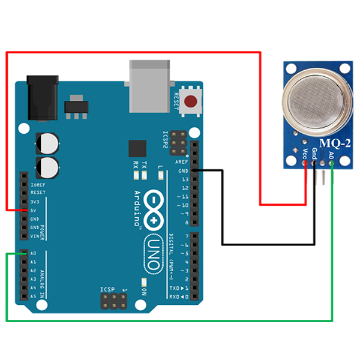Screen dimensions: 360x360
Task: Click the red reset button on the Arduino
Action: pos(192,101)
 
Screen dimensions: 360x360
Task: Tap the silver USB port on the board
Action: pos(151,86)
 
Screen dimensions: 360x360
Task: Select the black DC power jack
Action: pos(43,97)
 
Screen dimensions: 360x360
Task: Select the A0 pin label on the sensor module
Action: pos(332,154)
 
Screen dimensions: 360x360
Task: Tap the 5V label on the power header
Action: pos(34,210)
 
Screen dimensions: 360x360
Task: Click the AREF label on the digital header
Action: pos(182,162)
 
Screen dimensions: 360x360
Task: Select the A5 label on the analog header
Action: pos(34,296)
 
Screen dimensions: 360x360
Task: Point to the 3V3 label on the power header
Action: pos(35,202)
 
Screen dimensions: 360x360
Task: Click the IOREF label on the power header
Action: pos(37,185)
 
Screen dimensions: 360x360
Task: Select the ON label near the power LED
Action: pos(143,292)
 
